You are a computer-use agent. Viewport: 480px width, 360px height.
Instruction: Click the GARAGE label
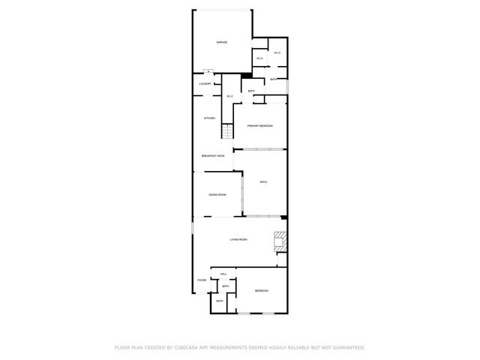(x=222, y=42)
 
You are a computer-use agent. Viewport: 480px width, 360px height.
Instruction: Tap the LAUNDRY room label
(x=205, y=83)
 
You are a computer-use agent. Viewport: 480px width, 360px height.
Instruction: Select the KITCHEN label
(x=210, y=118)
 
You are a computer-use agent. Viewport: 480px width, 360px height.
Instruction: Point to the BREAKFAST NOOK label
(x=213, y=155)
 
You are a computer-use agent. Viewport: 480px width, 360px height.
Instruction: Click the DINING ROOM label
(x=217, y=194)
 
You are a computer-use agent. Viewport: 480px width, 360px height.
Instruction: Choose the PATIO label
(x=264, y=182)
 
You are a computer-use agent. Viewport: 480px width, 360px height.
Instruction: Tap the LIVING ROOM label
(x=238, y=239)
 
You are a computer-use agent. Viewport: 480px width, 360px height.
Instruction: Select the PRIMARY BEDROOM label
(x=259, y=125)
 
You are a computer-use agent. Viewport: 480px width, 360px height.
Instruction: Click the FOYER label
(x=202, y=280)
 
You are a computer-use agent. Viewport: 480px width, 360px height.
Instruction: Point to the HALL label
(x=223, y=274)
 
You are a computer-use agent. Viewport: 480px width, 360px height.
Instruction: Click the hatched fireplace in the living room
(x=280, y=241)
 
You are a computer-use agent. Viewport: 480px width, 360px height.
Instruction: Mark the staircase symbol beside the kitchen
(x=227, y=131)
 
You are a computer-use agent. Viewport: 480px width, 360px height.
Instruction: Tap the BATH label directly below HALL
(x=225, y=286)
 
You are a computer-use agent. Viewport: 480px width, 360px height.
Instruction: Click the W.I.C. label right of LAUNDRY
(x=229, y=96)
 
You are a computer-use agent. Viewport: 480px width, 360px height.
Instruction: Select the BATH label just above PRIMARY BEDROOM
(x=251, y=91)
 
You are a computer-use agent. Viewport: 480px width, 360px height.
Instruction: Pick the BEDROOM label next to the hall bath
(x=261, y=291)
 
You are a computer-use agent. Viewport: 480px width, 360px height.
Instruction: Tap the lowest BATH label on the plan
(x=220, y=301)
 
